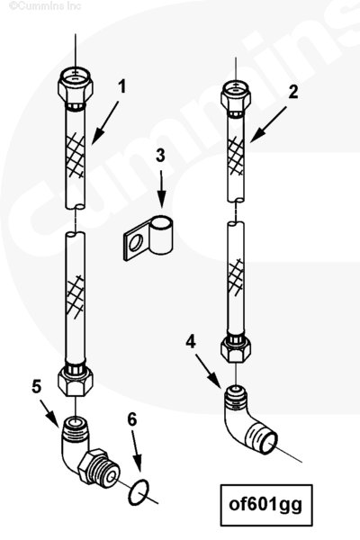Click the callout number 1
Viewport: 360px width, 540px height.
(122, 86)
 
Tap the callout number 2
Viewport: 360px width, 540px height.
(293, 92)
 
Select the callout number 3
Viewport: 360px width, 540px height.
(160, 156)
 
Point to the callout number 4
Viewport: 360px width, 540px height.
(191, 342)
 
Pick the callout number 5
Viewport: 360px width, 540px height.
(37, 386)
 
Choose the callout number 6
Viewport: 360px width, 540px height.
(132, 419)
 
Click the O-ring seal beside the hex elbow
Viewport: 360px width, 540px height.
(139, 492)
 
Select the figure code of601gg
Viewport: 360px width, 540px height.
(265, 505)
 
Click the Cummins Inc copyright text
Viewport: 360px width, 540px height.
(45, 6)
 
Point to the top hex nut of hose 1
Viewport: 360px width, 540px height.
(75, 85)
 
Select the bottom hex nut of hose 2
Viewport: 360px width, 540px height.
(236, 347)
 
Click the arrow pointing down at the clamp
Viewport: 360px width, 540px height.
(161, 189)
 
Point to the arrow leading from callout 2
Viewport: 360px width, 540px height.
(268, 124)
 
